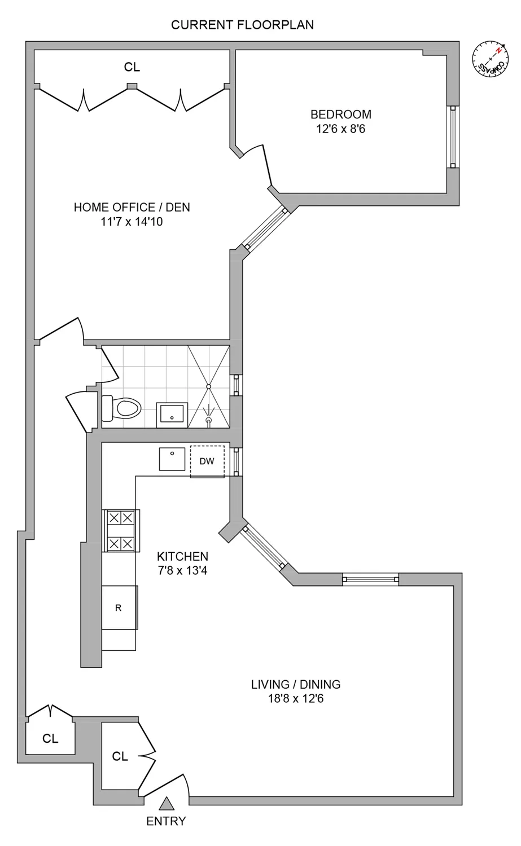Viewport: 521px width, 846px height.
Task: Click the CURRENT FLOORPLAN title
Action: (242, 25)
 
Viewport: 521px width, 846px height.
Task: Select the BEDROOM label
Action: (341, 114)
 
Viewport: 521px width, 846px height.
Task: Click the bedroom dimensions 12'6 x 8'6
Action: (341, 129)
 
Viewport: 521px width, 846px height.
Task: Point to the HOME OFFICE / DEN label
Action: (132, 207)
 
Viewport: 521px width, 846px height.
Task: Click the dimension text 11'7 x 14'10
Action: (132, 222)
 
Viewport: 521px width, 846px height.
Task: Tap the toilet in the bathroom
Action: (121, 407)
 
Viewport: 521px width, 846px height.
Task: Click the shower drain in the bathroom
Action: (209, 386)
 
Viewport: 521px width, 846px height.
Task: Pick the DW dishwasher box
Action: (207, 461)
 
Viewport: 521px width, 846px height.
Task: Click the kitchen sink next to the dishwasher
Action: (173, 459)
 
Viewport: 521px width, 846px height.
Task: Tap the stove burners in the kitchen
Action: (121, 530)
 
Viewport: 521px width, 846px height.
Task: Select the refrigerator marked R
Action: (119, 607)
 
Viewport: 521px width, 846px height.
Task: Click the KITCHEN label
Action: (182, 556)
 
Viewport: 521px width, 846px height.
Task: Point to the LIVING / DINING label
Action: (296, 684)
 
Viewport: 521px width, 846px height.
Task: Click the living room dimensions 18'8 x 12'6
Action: (296, 699)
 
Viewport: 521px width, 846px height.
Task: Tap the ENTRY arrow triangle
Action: (165, 803)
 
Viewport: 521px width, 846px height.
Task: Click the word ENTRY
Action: (165, 821)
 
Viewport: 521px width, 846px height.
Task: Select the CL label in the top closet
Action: (132, 67)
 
